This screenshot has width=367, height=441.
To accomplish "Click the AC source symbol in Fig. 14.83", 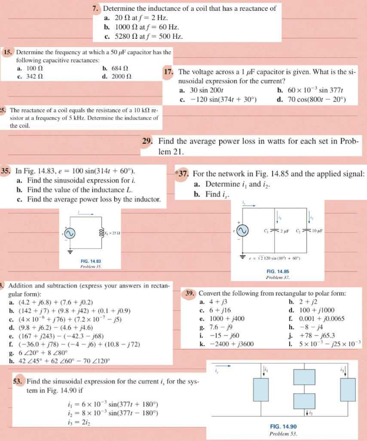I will tap(70, 233).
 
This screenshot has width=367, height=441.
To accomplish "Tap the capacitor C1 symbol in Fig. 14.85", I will tap(275, 231).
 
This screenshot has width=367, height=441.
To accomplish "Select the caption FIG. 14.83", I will tap(91, 261).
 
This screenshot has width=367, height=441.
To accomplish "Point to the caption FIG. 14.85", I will tap(278, 272).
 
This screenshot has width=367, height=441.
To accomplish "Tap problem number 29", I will tap(147, 141).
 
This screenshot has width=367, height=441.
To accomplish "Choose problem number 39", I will tap(190, 293).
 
